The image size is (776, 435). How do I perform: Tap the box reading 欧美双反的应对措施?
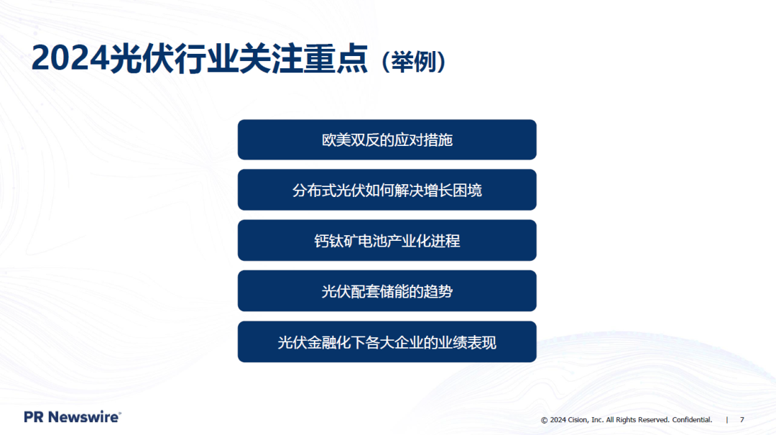387,139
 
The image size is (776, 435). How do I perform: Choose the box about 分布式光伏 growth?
387,190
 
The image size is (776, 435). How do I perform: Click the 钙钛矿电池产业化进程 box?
387,240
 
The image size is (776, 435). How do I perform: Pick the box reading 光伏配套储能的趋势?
387,290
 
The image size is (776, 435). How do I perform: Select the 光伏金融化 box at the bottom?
387,342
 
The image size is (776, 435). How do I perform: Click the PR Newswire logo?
72,417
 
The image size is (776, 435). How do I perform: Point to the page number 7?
742,419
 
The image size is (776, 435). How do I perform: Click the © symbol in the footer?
544,420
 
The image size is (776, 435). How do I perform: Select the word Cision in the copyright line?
578,419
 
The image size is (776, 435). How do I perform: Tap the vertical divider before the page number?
726,419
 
